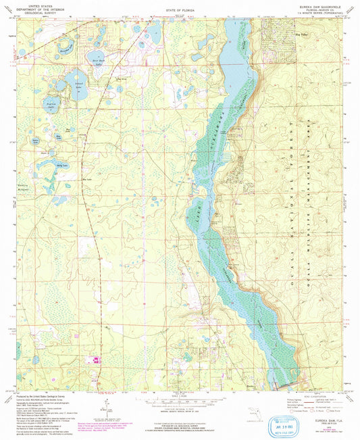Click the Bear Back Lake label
[96, 60]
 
